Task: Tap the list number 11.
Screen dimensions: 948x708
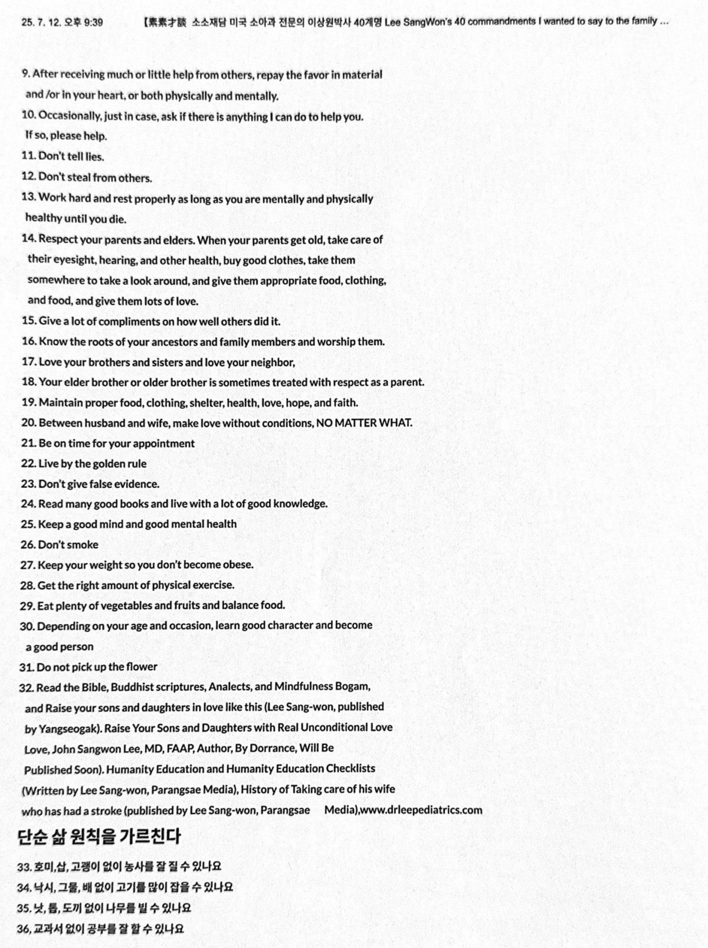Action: (28, 156)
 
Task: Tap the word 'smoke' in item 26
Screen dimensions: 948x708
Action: (83, 544)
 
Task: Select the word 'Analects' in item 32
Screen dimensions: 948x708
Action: (231, 687)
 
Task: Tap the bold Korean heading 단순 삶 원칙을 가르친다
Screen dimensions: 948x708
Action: (99, 836)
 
